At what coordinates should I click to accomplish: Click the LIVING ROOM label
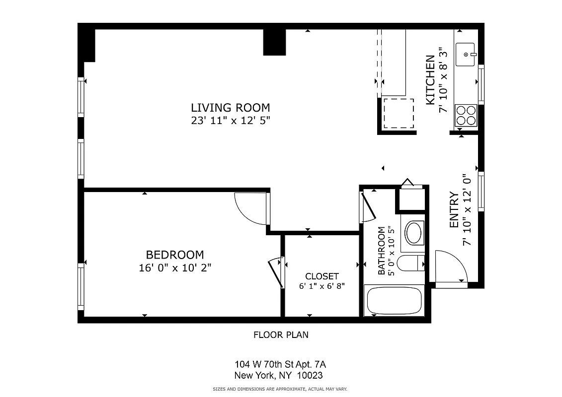(x=231, y=107)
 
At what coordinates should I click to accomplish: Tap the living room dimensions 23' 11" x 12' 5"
(x=231, y=120)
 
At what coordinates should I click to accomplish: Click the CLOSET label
(x=322, y=276)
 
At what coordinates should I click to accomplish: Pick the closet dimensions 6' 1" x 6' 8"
(x=322, y=286)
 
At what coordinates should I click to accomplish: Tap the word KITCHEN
(x=430, y=79)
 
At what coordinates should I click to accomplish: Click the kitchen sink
(x=466, y=54)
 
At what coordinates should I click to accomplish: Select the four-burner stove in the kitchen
(x=466, y=115)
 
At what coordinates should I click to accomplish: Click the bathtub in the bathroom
(x=394, y=300)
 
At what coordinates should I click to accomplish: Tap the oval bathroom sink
(x=413, y=232)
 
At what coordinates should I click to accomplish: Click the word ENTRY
(x=453, y=209)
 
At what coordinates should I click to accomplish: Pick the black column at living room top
(x=274, y=42)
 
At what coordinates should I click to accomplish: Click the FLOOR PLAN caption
(x=281, y=335)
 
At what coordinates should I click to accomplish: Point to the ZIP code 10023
(x=313, y=376)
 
